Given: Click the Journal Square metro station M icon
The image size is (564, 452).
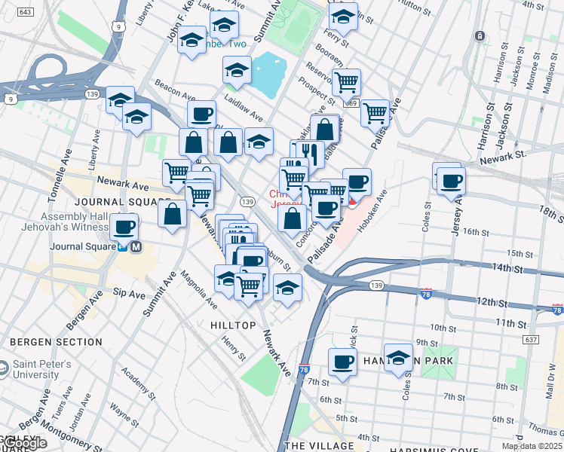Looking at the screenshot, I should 136,246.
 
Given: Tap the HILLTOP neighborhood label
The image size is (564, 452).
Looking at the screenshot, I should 228,325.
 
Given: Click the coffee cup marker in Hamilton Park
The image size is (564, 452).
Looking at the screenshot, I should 342,362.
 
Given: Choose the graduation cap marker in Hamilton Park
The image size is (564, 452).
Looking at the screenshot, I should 398,356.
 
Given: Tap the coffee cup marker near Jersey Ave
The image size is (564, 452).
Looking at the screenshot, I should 451,181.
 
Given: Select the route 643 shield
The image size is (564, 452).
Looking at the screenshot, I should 25,13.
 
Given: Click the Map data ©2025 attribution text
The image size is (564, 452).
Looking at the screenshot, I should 532,446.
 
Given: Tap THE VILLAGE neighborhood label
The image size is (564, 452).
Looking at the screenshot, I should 319,446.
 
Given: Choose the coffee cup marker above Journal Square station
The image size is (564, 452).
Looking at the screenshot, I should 124,226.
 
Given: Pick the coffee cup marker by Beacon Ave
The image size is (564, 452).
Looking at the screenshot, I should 201,115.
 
